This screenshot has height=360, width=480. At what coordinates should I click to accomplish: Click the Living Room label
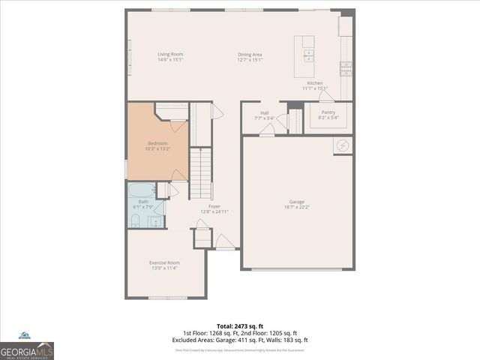(x=170, y=54)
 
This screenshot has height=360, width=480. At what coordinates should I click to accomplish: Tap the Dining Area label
(x=250, y=54)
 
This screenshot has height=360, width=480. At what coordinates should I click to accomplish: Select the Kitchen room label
(x=315, y=82)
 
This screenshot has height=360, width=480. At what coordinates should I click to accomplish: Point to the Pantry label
(x=328, y=112)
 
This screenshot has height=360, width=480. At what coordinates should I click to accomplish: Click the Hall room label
(x=265, y=112)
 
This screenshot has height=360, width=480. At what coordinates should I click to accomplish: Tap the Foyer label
(x=214, y=205)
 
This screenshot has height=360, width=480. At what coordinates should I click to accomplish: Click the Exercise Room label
(x=164, y=262)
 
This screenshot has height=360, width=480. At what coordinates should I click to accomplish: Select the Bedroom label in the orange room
(x=157, y=143)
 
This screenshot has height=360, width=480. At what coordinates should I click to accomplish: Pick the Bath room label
(x=142, y=201)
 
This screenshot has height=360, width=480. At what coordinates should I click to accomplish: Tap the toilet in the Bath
(x=135, y=220)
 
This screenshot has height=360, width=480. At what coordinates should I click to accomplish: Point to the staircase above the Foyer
(x=200, y=172)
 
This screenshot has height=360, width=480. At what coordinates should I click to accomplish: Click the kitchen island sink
(x=308, y=54)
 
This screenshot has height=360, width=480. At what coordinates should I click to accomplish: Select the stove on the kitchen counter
(x=346, y=68)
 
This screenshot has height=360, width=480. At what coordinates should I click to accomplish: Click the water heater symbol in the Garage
(x=342, y=145)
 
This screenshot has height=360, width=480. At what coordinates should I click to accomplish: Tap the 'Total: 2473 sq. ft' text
(x=239, y=325)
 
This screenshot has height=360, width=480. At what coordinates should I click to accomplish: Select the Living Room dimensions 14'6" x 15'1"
(x=170, y=59)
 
